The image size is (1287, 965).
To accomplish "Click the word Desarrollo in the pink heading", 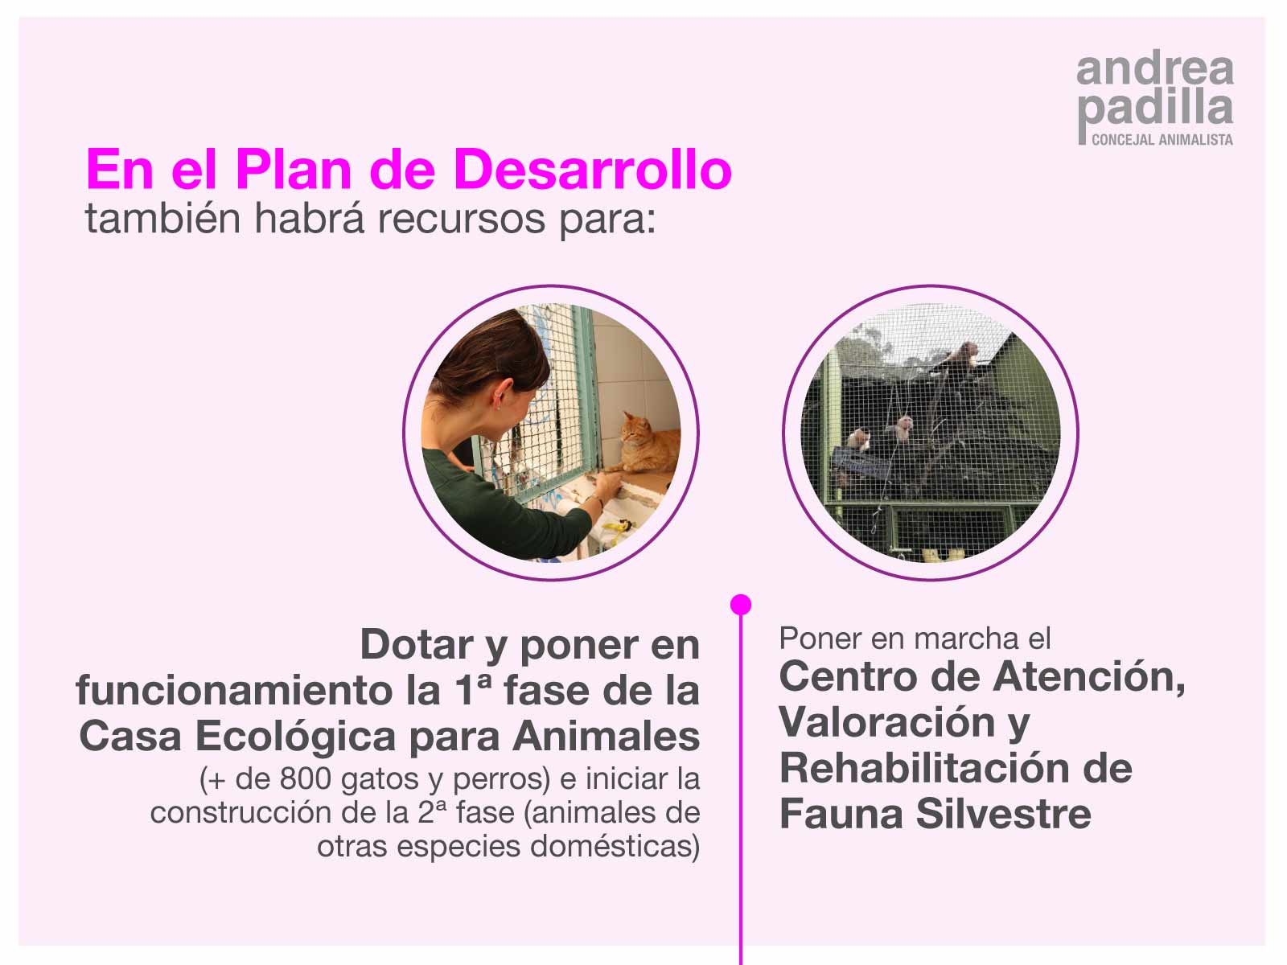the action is click(593, 170).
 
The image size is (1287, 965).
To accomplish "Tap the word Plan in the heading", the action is click(294, 170).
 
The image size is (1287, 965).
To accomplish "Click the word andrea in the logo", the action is click(1155, 70).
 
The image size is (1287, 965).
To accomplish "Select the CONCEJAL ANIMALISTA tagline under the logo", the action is click(1162, 139).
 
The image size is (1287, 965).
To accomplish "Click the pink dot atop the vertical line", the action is click(741, 605).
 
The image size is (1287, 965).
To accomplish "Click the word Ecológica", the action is click(296, 737).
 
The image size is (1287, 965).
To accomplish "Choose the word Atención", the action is click(1089, 677).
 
